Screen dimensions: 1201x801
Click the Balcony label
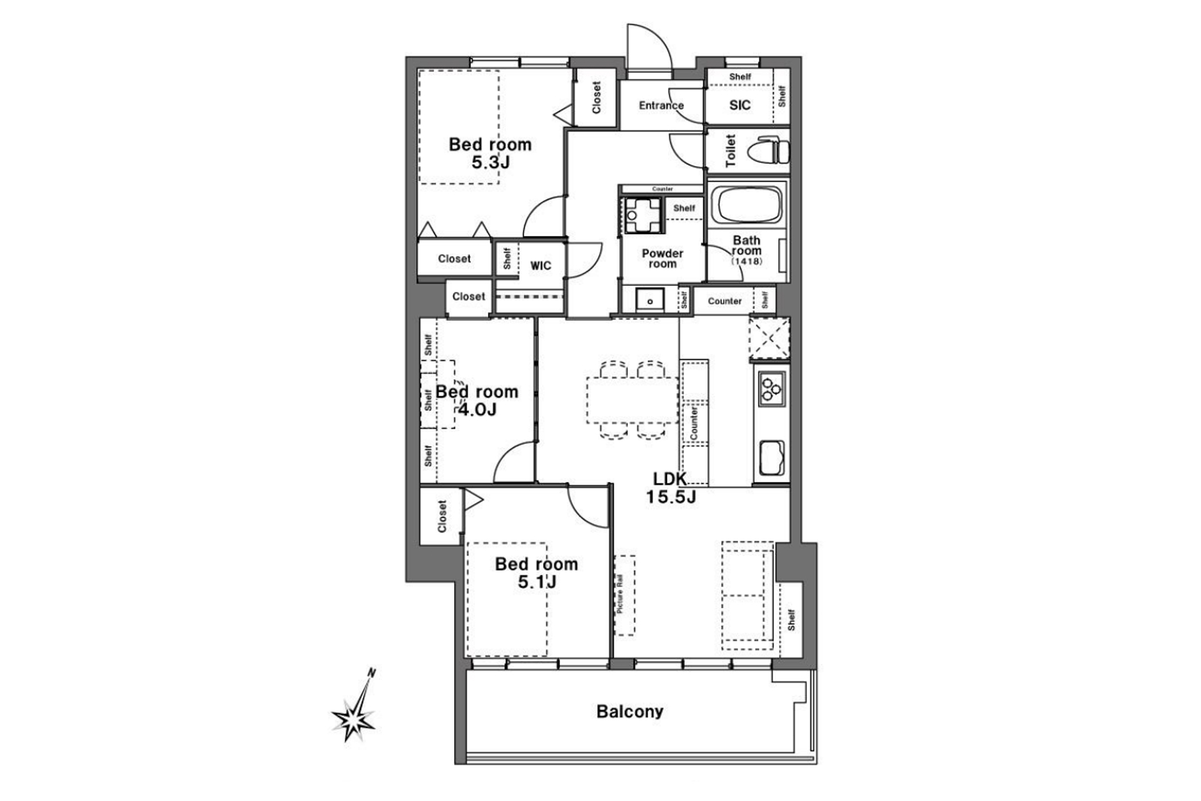pyautogui.click(x=629, y=712)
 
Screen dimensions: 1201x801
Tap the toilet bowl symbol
pyautogui.click(x=773, y=151)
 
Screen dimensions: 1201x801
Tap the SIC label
pyautogui.click(x=739, y=105)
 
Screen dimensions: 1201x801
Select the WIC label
pyautogui.click(x=540, y=265)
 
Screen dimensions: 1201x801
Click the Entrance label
pyautogui.click(x=661, y=105)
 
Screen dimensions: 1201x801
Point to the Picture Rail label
pyautogui.click(x=620, y=593)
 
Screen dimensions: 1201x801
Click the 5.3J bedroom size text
pyautogui.click(x=490, y=163)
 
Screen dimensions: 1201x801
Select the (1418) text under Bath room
pyautogui.click(x=746, y=261)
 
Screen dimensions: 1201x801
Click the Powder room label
pyautogui.click(x=662, y=258)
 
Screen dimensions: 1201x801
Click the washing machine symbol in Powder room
pyautogui.click(x=642, y=215)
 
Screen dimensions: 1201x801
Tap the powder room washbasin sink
pyautogui.click(x=651, y=300)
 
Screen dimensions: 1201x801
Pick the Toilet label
pyautogui.click(x=730, y=151)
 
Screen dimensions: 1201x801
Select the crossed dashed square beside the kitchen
pyautogui.click(x=769, y=339)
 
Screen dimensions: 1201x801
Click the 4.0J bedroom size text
pyautogui.click(x=477, y=410)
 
